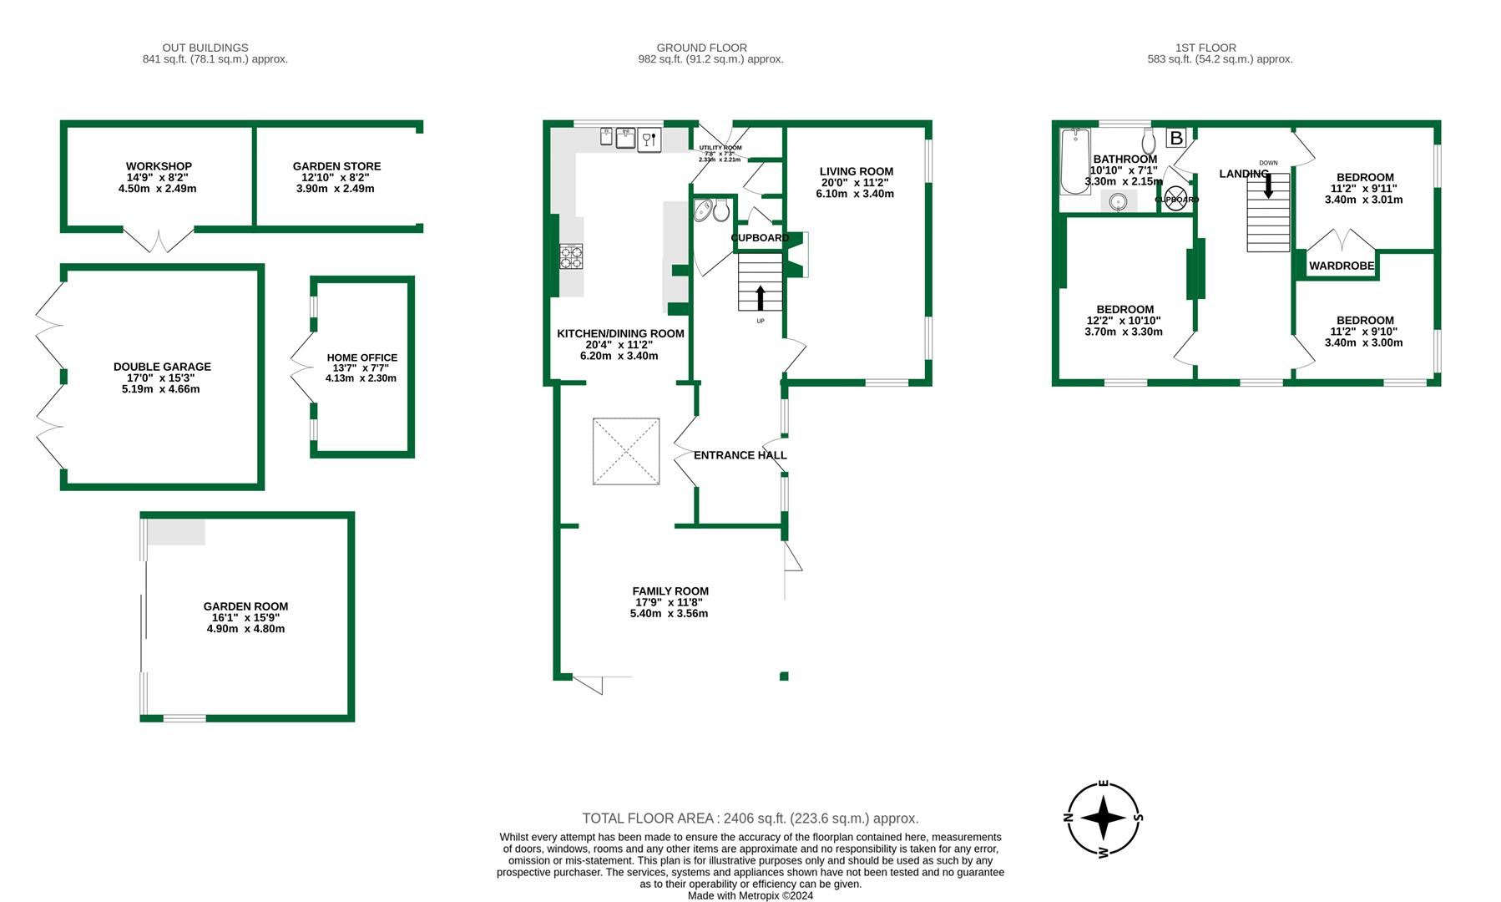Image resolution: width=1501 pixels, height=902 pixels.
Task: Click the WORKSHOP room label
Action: pyautogui.click(x=159, y=166)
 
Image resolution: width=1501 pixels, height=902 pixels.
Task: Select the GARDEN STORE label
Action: pyautogui.click(x=337, y=166)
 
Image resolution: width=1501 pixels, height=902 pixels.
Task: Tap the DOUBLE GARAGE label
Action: pyautogui.click(x=162, y=367)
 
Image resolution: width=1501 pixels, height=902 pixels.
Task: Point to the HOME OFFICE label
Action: pyautogui.click(x=362, y=357)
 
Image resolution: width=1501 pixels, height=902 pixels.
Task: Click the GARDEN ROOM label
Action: pyautogui.click(x=245, y=607)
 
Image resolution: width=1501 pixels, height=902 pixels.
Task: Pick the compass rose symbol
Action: pyautogui.click(x=1104, y=818)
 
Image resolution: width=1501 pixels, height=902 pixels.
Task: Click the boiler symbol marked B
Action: pyautogui.click(x=1176, y=138)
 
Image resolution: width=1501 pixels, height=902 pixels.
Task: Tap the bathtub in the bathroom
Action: pyautogui.click(x=1075, y=161)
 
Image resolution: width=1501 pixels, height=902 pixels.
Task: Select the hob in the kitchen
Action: pyautogui.click(x=571, y=256)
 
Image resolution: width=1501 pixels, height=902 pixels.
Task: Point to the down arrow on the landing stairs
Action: pyautogui.click(x=1269, y=185)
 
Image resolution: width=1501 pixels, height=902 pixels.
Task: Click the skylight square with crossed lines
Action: pyautogui.click(x=626, y=451)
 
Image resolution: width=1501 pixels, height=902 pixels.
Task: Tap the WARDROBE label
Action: pyautogui.click(x=1342, y=266)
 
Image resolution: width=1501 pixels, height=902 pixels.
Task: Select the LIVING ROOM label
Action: pyautogui.click(x=857, y=172)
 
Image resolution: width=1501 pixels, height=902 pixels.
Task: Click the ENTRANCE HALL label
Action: pyautogui.click(x=740, y=455)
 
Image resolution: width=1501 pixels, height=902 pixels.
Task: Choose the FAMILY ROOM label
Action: pyautogui.click(x=670, y=591)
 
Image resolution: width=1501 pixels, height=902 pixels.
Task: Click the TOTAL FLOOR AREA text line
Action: pyautogui.click(x=750, y=818)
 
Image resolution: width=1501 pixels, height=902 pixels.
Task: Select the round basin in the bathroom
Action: pyautogui.click(x=1119, y=201)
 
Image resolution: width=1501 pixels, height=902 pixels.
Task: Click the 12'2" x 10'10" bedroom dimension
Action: pyautogui.click(x=1124, y=321)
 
